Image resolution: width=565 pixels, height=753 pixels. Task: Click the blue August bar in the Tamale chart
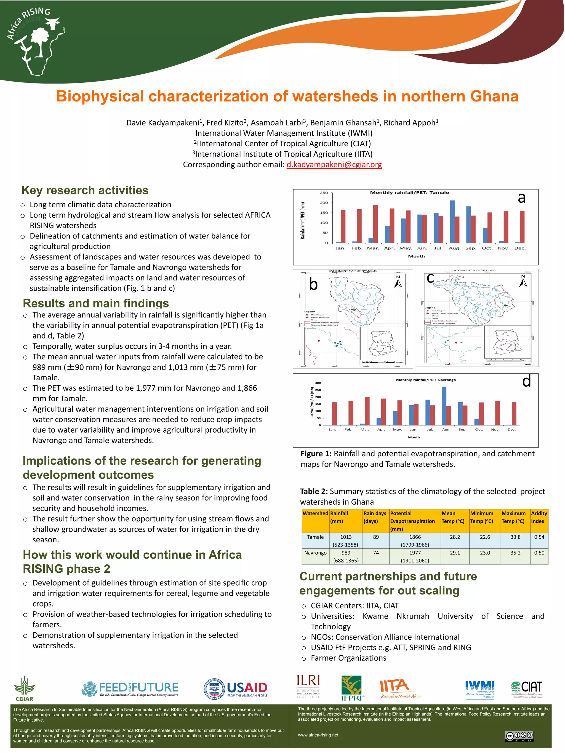452,221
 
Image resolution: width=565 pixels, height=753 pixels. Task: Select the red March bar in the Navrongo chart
367,411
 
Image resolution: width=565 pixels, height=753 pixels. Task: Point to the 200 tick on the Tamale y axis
324,203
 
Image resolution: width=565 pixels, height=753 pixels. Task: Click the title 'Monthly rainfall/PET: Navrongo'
425,380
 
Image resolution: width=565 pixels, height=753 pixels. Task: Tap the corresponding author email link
334,165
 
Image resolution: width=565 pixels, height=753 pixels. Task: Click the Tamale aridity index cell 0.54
539,537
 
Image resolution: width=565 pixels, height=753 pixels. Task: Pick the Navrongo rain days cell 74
376,553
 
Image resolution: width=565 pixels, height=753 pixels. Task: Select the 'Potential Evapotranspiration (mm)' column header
412,521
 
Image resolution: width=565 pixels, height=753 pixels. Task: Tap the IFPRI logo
352,688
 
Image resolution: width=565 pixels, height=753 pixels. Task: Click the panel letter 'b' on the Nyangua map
313,284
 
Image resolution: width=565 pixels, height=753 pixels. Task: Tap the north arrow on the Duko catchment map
523,281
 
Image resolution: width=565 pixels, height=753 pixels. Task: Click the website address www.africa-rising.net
318,735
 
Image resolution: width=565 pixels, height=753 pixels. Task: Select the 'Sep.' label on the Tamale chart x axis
471,248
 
